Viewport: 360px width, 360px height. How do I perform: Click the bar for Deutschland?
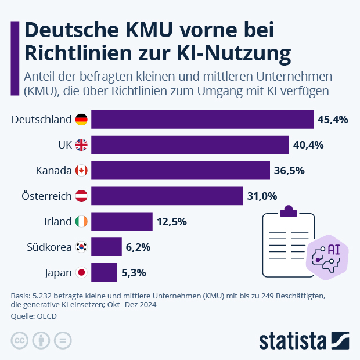(202, 120)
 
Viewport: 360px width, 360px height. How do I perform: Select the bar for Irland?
(122, 221)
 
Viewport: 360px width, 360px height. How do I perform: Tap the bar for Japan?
(105, 272)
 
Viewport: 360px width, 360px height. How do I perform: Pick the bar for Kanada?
(181, 170)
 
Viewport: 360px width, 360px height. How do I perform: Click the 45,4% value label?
(333, 120)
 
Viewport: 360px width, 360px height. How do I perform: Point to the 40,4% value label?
(308, 145)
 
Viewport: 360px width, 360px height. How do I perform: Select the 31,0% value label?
(262, 196)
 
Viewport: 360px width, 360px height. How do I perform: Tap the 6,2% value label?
(138, 247)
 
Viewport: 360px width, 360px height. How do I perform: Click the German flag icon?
(81, 120)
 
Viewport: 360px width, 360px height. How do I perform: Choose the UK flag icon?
(81, 145)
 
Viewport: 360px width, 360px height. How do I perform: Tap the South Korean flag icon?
(81, 247)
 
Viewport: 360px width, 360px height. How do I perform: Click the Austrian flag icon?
(81, 196)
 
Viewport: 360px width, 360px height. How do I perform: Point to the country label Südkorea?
(49, 247)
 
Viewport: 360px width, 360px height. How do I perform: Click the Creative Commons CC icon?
(20, 340)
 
